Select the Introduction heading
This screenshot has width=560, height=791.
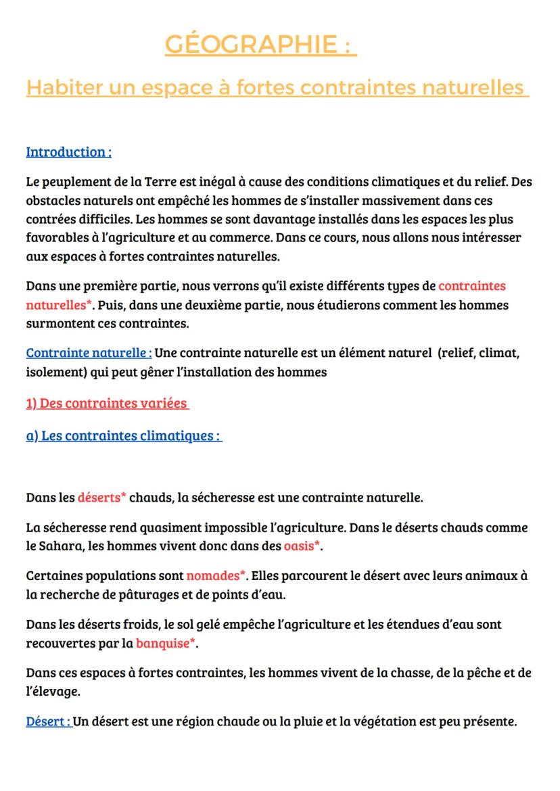pos(68,151)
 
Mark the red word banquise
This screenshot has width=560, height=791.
pos(166,643)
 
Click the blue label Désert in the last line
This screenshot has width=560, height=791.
pos(48,721)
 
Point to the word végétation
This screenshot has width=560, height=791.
pos(368,721)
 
